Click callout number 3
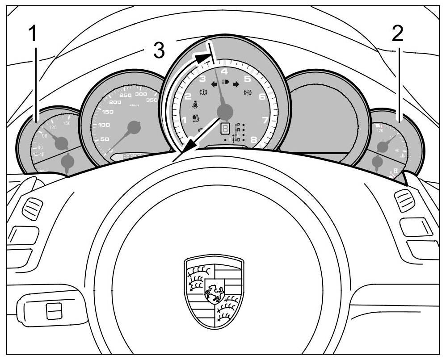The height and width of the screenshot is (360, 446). click(159, 50)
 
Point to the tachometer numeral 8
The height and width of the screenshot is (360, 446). click(254, 140)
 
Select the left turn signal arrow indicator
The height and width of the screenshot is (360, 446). click(214, 84)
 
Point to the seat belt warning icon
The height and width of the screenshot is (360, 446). click(195, 105)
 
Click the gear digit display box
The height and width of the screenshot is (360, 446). click(225, 129)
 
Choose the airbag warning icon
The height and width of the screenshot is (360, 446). click(195, 119)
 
